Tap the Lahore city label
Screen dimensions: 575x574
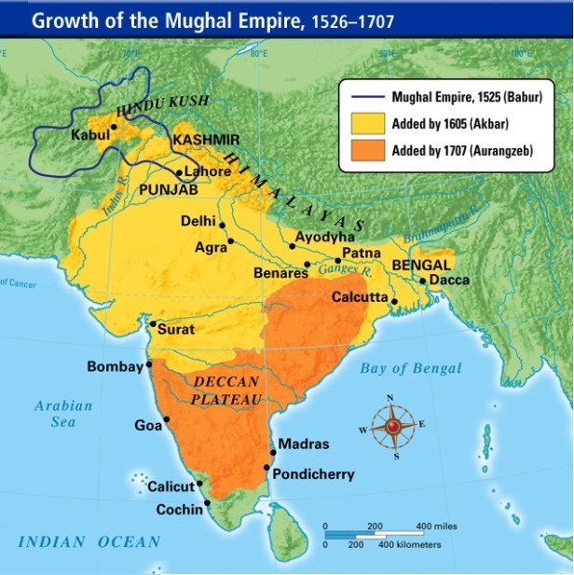click(x=207, y=171)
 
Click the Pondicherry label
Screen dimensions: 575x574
click(x=312, y=474)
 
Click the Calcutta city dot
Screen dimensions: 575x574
click(x=395, y=301)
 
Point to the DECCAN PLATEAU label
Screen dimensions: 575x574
click(x=227, y=390)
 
